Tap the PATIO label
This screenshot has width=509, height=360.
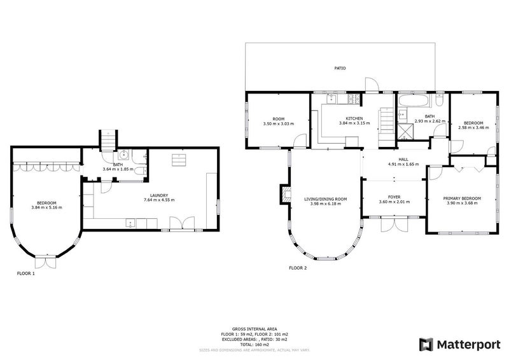340,67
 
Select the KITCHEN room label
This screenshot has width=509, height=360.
354,118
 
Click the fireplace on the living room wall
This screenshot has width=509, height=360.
284,195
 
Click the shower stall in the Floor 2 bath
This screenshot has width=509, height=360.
405,131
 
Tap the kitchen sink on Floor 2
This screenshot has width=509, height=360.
331,99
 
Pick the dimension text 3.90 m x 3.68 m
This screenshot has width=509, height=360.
462,204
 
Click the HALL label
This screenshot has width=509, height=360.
404,160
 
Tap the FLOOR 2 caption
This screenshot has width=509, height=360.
298,268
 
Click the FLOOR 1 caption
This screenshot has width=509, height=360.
25,273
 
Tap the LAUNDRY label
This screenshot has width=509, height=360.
158,195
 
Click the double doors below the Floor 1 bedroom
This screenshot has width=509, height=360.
45,261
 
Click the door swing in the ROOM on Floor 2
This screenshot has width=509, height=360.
301,141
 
